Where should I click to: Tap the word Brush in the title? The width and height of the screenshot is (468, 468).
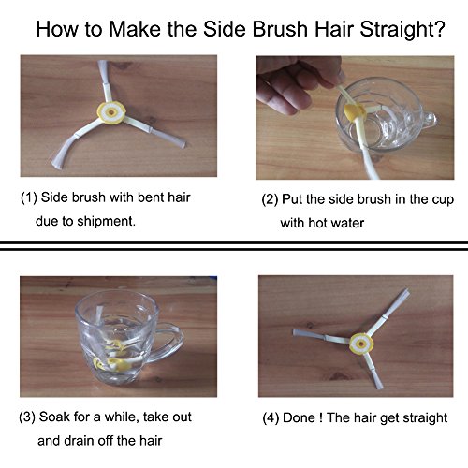[x=280, y=29]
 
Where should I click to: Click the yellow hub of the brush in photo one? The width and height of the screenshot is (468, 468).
[x=111, y=112]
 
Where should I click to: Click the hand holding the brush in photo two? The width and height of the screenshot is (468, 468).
[x=297, y=81]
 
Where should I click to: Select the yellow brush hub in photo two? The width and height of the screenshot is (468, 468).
[x=355, y=112]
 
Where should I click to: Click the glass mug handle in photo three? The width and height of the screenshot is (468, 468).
[x=167, y=343]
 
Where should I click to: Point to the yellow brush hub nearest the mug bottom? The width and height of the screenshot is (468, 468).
[x=118, y=364]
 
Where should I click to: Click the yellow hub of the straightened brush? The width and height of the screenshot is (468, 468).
[x=361, y=344]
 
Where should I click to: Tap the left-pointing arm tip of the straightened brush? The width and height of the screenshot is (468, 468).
[x=295, y=332]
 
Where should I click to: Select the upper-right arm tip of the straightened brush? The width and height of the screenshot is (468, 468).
[x=405, y=292]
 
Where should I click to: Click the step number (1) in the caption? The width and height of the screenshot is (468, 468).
[x=29, y=198]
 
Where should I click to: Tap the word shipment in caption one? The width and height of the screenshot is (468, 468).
[x=106, y=221]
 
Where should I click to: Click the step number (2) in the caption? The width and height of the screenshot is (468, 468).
[x=270, y=199]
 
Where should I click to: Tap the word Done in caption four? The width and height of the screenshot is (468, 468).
[x=299, y=417]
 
